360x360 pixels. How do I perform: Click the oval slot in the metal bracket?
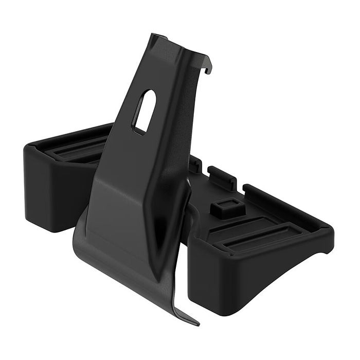click(x=145, y=111)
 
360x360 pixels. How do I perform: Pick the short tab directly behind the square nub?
click(x=222, y=177)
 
